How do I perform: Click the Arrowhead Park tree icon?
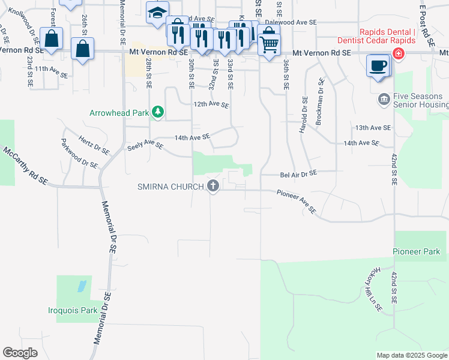(x=158, y=112)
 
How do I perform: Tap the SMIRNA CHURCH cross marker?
(x=212, y=186)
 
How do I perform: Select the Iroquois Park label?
(x=73, y=311)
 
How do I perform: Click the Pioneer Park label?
(x=415, y=251)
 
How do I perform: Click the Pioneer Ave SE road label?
(x=296, y=201)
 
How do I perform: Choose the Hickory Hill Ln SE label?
(x=369, y=294)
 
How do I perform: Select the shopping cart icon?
(x=270, y=44)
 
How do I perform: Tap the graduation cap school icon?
(x=157, y=13)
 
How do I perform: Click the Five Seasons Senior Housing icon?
(x=384, y=99)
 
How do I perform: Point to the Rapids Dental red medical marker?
(x=398, y=54)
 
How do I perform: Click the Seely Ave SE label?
(x=145, y=146)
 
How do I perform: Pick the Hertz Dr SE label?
(x=94, y=144)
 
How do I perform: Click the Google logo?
(x=20, y=353)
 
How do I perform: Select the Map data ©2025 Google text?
(x=411, y=355)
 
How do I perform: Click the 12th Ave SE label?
(x=211, y=104)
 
